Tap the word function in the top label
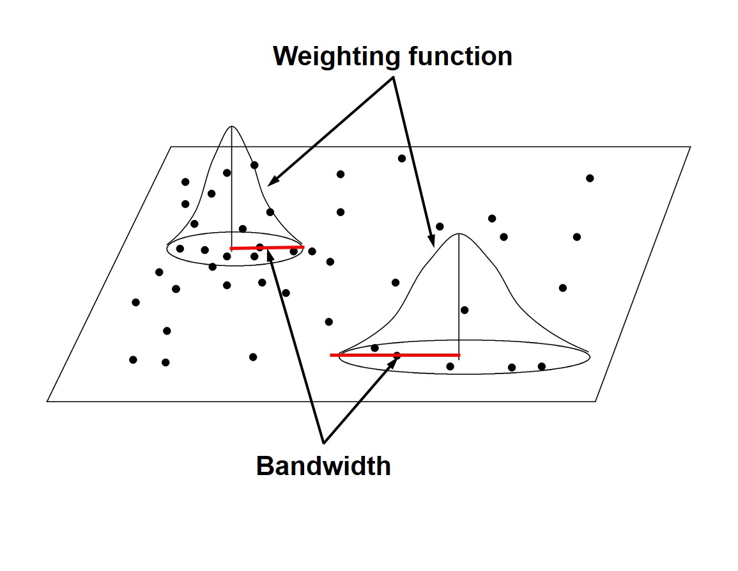[454, 56]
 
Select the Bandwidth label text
[323, 466]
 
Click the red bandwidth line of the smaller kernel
[281, 247]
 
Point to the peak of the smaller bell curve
[231, 127]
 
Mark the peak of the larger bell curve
[459, 235]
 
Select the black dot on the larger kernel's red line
[397, 355]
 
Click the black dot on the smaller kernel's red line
[259, 247]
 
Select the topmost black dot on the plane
[402, 159]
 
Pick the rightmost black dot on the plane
[590, 178]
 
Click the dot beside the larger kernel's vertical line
[465, 310]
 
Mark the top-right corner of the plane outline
[690, 147]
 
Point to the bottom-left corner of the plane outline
[47, 402]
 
